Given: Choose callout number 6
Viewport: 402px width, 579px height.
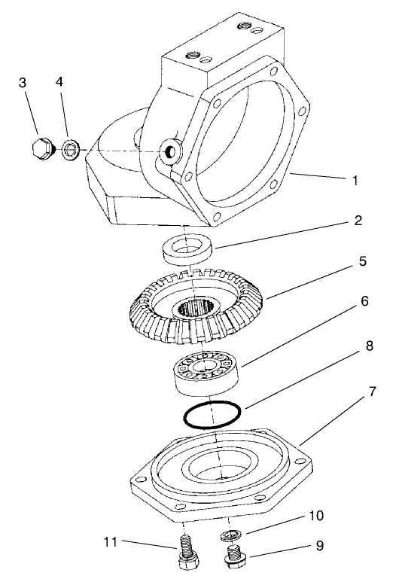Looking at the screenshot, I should (x=364, y=301).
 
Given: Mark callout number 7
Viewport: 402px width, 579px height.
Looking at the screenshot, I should (x=364, y=392).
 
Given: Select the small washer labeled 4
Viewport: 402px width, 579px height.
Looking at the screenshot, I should (x=72, y=150).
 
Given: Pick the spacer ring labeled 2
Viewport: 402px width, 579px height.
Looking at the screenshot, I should (x=189, y=250).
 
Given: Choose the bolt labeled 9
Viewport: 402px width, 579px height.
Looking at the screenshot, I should (x=235, y=558).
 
